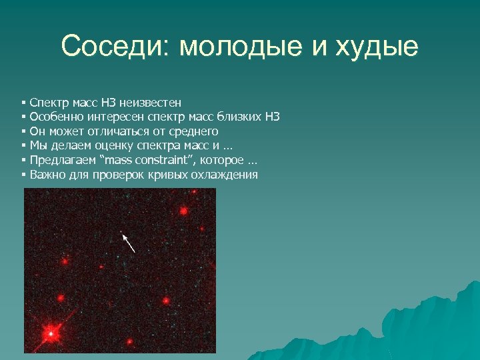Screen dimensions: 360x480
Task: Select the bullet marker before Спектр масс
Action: [x=23, y=103]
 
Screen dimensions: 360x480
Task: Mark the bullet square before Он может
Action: [x=23, y=131]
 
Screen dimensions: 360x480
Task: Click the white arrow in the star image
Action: [x=129, y=242]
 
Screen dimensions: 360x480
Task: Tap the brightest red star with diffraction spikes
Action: [x=50, y=331]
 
